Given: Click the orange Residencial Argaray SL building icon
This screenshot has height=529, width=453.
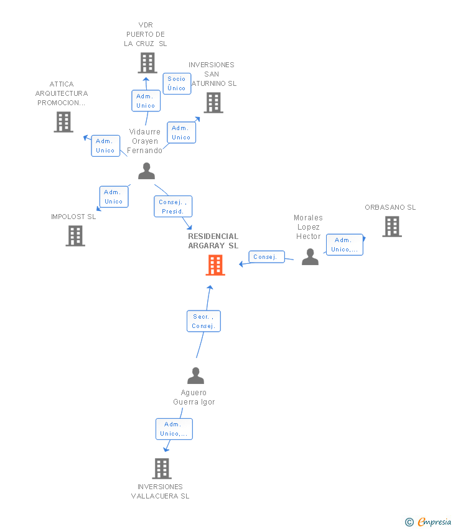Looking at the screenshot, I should pyautogui.click(x=215, y=265).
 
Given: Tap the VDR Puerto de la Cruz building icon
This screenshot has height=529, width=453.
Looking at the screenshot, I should pyautogui.click(x=147, y=63).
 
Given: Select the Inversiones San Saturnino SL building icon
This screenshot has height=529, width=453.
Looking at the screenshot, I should pyautogui.click(x=213, y=103).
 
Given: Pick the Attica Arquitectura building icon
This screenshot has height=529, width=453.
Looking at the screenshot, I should pyautogui.click(x=63, y=122).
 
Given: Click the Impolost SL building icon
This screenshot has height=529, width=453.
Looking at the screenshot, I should pyautogui.click(x=75, y=236).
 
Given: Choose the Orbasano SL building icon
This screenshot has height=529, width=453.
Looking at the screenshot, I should pyautogui.click(x=392, y=227).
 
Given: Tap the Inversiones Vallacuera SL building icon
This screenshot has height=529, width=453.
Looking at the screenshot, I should pyautogui.click(x=162, y=469).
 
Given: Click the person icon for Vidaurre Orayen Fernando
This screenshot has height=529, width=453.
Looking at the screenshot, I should pyautogui.click(x=146, y=171).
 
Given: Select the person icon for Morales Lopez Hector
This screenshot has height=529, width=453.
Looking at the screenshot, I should pyautogui.click(x=310, y=256).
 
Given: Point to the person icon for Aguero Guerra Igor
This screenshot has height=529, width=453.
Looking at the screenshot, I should pyautogui.click(x=195, y=376).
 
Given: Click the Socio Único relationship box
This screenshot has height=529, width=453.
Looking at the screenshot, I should pyautogui.click(x=177, y=83).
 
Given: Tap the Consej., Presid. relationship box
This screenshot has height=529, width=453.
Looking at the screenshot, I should pyautogui.click(x=173, y=207).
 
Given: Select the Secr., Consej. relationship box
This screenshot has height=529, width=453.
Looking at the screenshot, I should pyautogui.click(x=203, y=321).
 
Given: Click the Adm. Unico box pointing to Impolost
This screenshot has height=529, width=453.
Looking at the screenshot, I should pyautogui.click(x=113, y=197).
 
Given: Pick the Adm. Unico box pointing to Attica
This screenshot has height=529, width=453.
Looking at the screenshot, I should pyautogui.click(x=105, y=146).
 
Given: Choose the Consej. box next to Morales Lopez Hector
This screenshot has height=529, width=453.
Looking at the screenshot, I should pyautogui.click(x=266, y=257).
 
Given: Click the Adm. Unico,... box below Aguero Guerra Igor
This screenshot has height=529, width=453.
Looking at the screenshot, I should pyautogui.click(x=174, y=429).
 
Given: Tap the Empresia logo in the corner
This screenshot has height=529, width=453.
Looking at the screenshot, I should pyautogui.click(x=429, y=522).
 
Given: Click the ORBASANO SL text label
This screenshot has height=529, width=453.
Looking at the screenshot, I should pyautogui.click(x=390, y=207).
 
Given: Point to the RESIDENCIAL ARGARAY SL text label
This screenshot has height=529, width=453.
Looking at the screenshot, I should pyautogui.click(x=213, y=241).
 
